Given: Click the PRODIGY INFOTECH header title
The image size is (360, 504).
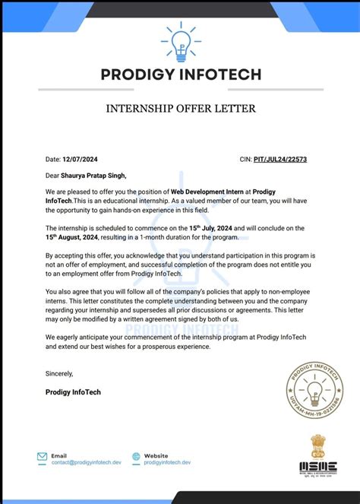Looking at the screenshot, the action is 180,74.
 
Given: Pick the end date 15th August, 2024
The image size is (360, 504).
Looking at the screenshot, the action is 74,236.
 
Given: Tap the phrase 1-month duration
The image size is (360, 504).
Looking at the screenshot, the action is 168,236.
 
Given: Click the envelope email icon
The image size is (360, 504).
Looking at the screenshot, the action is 43,457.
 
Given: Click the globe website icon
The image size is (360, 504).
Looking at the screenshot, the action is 137,457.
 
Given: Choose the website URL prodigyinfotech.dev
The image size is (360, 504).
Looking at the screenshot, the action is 167,461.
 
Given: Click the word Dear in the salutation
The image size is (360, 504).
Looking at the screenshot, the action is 53,176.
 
